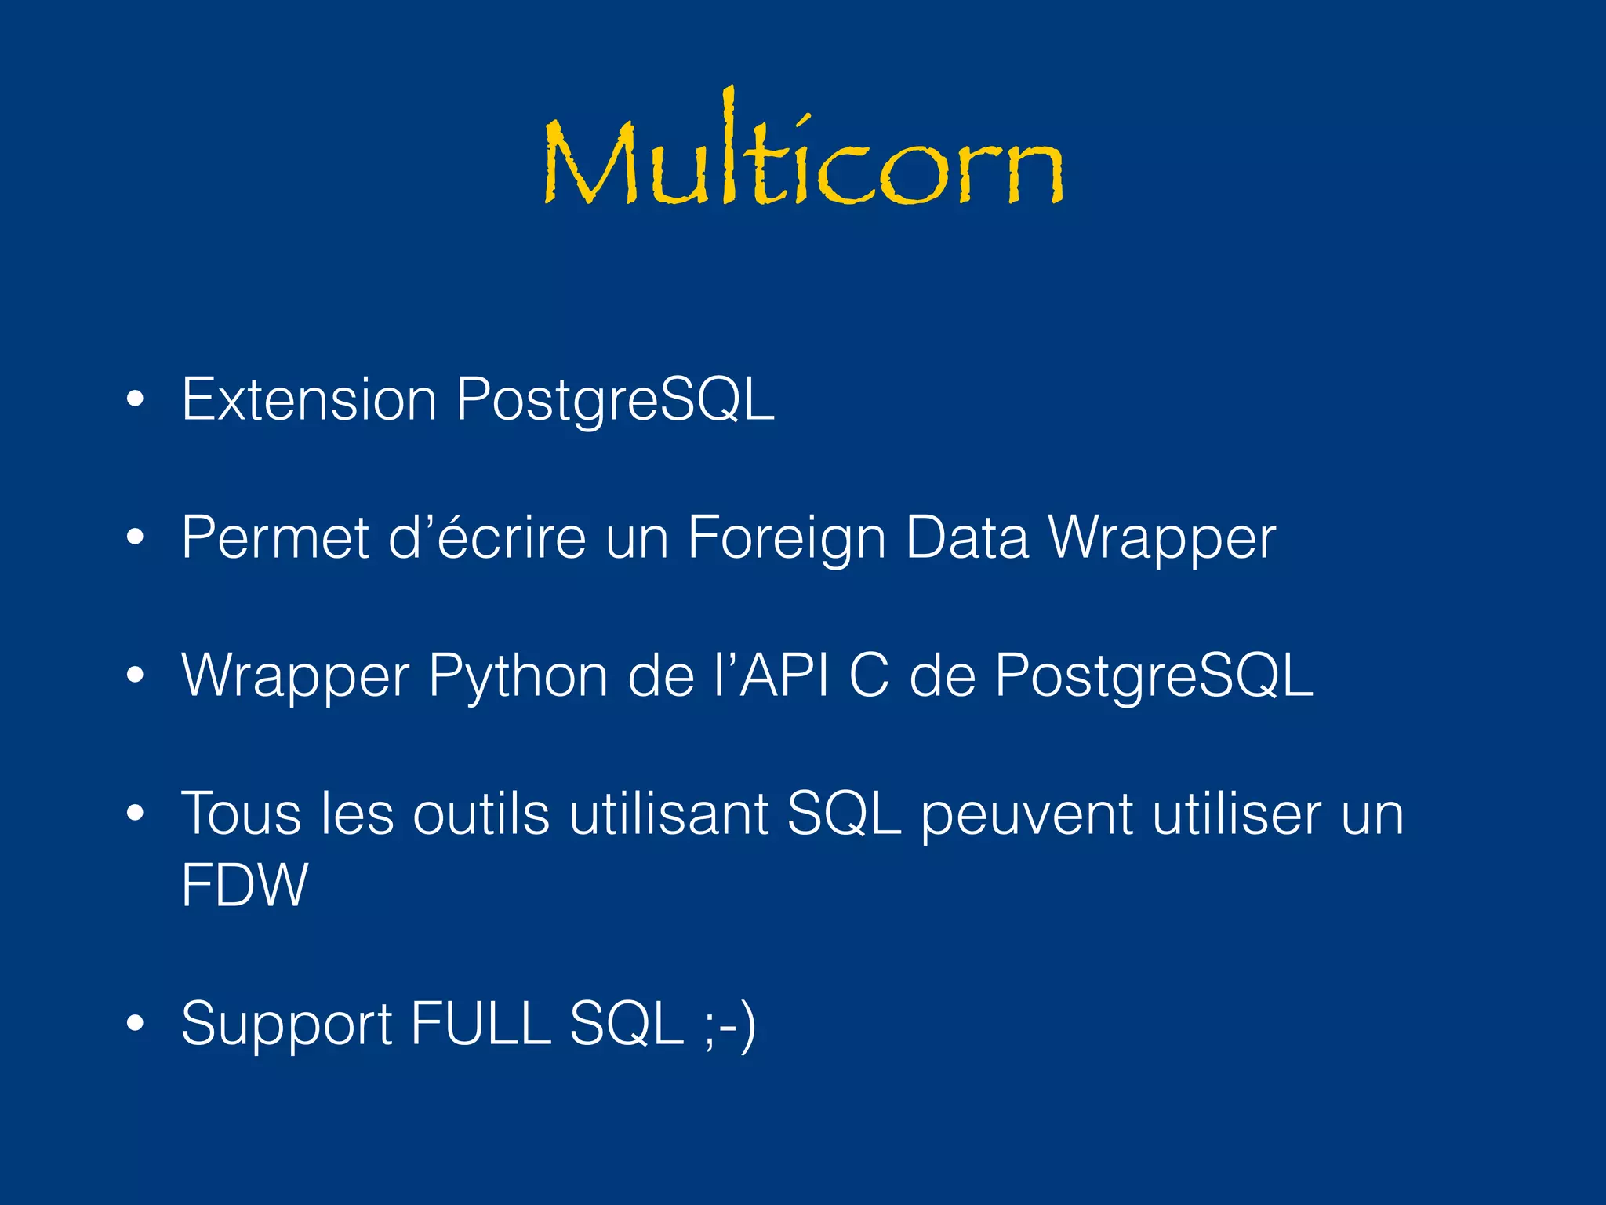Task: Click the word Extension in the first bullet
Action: [x=309, y=400]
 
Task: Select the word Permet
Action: [x=275, y=538]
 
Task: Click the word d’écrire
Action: [x=487, y=538]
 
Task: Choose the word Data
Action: [x=966, y=538]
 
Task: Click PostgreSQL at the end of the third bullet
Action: [x=1154, y=676]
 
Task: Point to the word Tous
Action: [x=241, y=814]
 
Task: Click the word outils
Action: [x=481, y=814]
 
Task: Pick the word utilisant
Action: [x=669, y=814]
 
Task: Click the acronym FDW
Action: [x=245, y=885]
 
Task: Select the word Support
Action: [x=286, y=1025]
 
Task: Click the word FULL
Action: [x=481, y=1023]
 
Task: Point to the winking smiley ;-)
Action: [x=730, y=1025]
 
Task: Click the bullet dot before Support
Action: [x=135, y=1023]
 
